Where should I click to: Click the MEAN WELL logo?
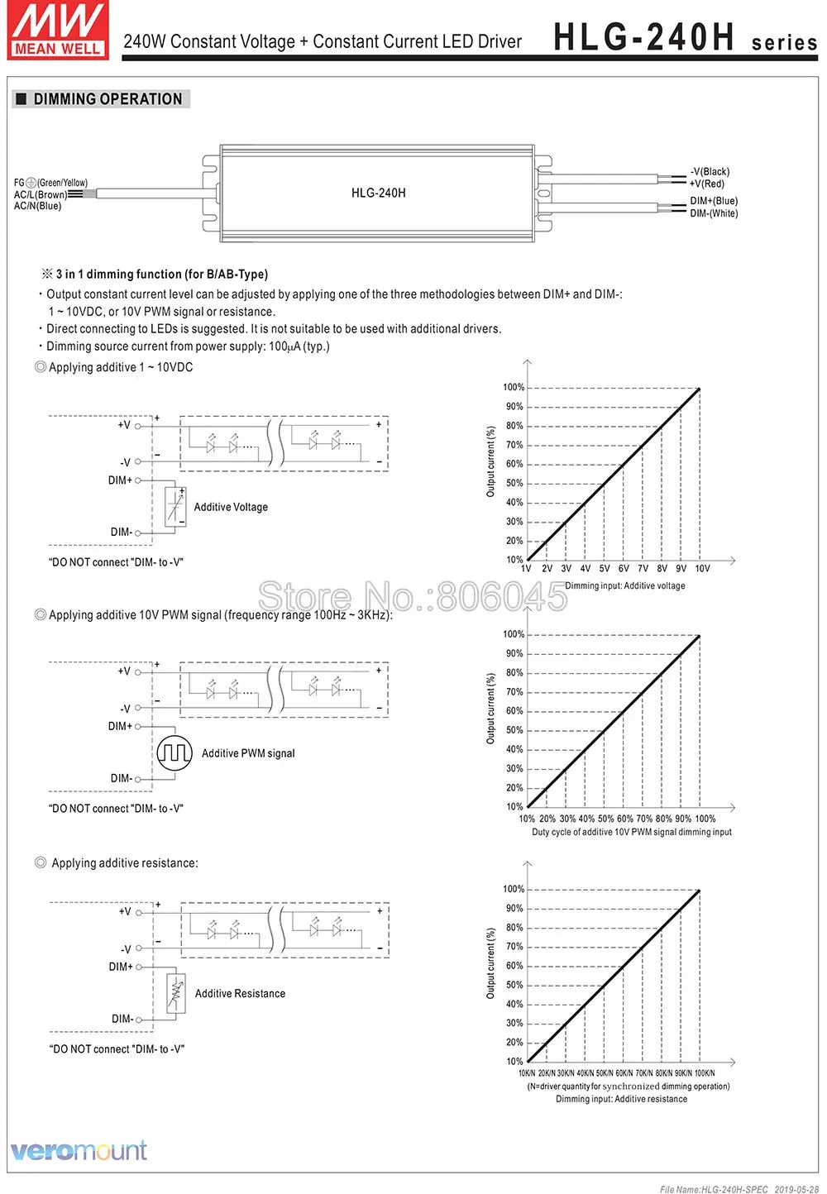(x=59, y=31)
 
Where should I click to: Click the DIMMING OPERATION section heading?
(x=108, y=99)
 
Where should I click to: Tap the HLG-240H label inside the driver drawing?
(x=378, y=193)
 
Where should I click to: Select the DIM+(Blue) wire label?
(x=714, y=201)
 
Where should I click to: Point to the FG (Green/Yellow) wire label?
(x=50, y=183)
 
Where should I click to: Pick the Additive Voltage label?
(x=231, y=507)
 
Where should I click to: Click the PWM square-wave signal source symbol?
(x=174, y=752)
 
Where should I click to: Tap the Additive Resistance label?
(x=240, y=993)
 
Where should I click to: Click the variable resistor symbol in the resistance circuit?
(x=175, y=993)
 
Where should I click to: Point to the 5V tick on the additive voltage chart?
(x=605, y=569)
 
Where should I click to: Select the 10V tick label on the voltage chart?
(x=702, y=569)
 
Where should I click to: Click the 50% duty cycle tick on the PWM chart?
(x=605, y=819)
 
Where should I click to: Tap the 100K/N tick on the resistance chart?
(x=705, y=1073)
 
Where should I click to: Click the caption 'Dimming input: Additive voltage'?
(x=624, y=585)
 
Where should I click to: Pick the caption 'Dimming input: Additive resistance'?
(x=621, y=1099)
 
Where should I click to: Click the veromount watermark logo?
(x=79, y=1150)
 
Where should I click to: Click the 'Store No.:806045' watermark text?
(x=413, y=595)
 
